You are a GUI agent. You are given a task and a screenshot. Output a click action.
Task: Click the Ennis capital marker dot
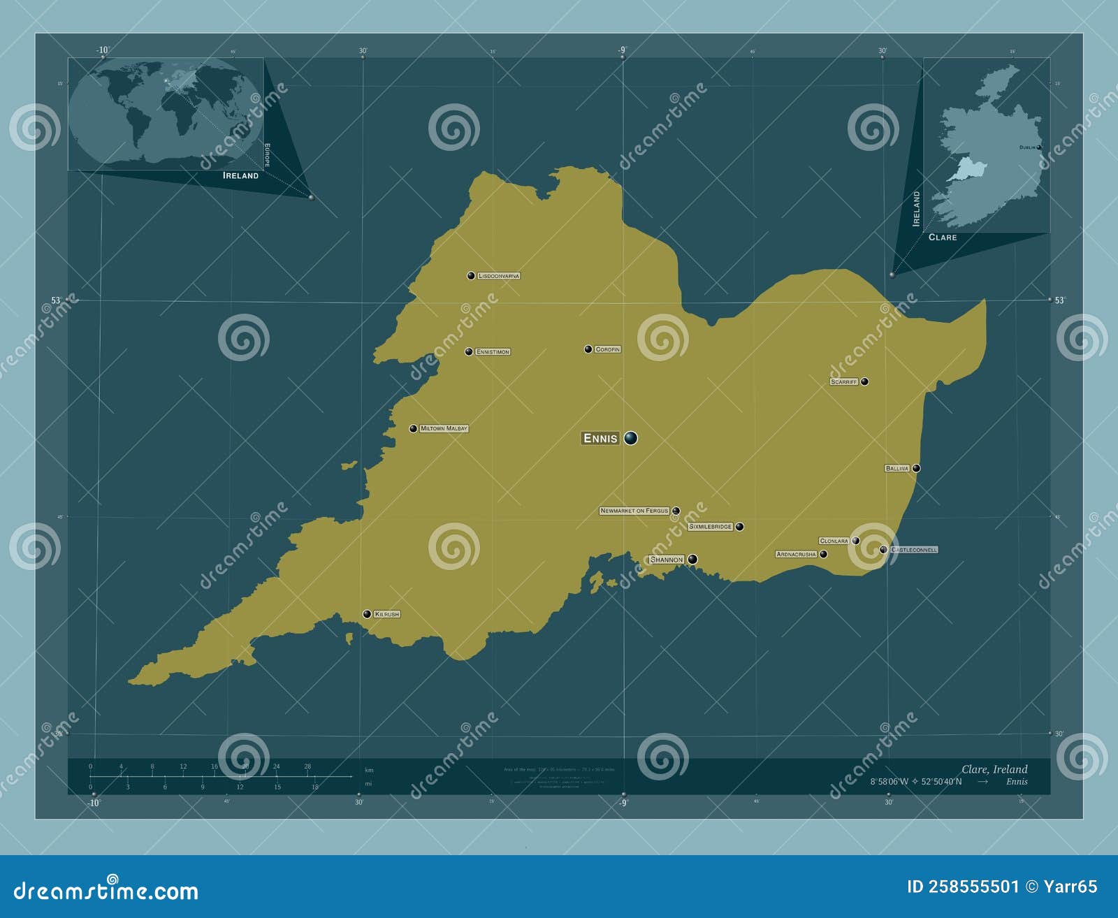(x=631, y=438)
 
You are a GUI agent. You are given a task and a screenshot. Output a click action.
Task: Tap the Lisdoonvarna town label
(x=499, y=276)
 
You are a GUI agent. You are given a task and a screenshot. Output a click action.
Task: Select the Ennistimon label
(x=493, y=352)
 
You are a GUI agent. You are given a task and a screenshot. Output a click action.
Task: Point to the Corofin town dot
(x=588, y=349)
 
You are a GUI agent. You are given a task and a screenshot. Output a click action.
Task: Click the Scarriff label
(x=844, y=382)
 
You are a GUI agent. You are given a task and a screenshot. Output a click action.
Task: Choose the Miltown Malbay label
(x=444, y=428)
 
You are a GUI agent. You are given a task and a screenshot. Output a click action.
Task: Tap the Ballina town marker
(x=916, y=468)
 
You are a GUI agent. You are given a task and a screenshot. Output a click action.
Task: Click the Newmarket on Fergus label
(x=634, y=511)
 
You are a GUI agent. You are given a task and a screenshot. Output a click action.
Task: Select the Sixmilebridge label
(x=710, y=527)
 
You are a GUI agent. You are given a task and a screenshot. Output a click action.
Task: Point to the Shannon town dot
(x=692, y=559)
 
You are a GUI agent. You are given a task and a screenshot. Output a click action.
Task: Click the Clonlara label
(x=834, y=541)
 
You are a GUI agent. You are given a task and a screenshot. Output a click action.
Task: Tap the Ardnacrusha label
(x=796, y=554)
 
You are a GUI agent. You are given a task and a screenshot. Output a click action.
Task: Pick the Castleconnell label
(x=914, y=550)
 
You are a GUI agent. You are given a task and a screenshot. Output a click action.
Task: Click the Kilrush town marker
(x=367, y=614)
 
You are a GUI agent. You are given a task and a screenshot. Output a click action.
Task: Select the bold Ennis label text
(x=600, y=439)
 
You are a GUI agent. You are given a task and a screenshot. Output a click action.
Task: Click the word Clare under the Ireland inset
(x=943, y=238)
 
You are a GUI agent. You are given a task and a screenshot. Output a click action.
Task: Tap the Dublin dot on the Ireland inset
(x=1039, y=147)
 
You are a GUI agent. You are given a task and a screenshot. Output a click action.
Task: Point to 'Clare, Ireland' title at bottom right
(x=994, y=769)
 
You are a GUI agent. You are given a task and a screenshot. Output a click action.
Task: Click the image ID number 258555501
(x=973, y=887)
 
